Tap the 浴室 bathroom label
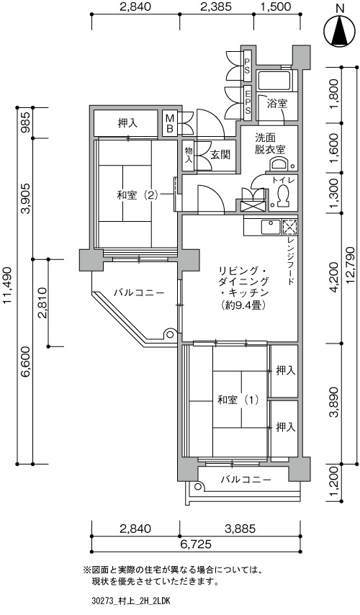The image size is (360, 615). (x=277, y=104)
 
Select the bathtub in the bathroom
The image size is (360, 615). (x=274, y=81)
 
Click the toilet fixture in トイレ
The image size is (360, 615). (x=282, y=195)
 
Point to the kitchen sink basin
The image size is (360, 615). (x=271, y=227)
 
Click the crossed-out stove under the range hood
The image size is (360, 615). (x=290, y=227)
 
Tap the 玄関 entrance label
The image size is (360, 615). (x=220, y=155)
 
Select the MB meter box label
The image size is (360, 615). (x=170, y=123)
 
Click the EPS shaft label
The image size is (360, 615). (x=248, y=102)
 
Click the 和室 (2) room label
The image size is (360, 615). (x=138, y=195)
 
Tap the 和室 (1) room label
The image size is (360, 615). (x=238, y=400)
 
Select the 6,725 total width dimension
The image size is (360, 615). (x=196, y=544)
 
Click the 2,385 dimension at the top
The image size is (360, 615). (x=216, y=6)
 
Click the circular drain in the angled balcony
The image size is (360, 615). (x=170, y=335)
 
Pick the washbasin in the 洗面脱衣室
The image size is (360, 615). (x=281, y=163)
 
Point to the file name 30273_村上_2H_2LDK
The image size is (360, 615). (x=130, y=601)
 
